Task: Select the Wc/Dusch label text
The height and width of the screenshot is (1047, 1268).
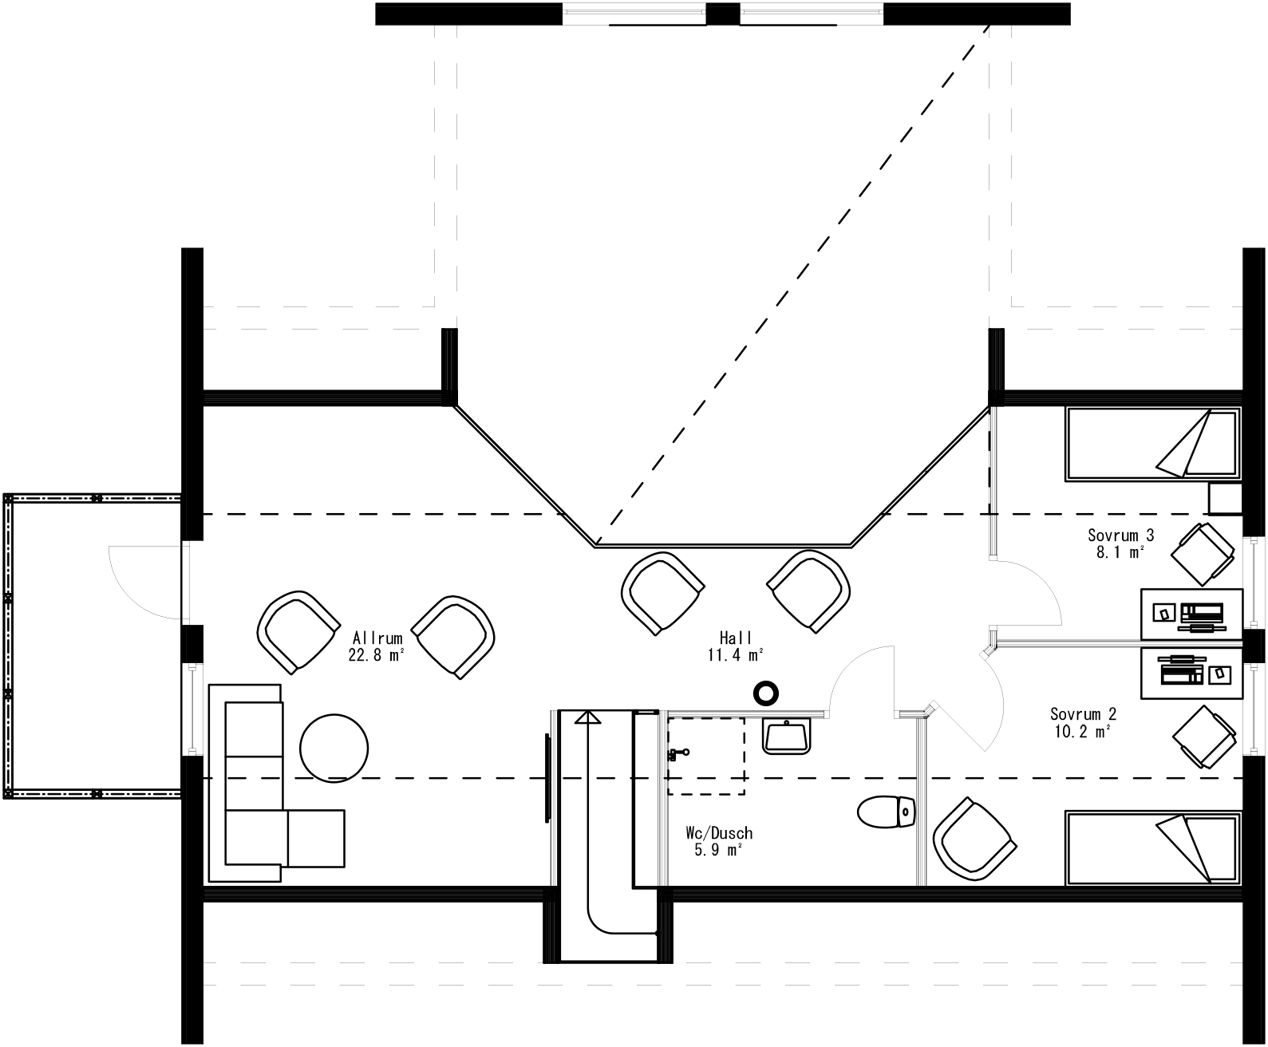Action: (718, 841)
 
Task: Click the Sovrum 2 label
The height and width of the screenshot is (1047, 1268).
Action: (1082, 721)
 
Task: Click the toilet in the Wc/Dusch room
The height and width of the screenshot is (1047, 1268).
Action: (887, 812)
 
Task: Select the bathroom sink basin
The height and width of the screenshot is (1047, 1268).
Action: (787, 735)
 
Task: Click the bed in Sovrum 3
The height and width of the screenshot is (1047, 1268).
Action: (1152, 444)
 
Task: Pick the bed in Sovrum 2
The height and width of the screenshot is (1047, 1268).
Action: (1152, 848)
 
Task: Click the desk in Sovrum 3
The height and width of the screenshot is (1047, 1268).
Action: (1191, 614)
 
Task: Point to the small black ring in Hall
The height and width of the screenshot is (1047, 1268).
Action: (766, 693)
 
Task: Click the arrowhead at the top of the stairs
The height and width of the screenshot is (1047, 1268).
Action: (588, 717)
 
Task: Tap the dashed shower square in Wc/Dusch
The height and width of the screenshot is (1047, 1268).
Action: (705, 755)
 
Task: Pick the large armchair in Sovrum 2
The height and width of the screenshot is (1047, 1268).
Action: (974, 840)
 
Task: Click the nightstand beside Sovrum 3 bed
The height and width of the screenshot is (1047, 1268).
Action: (1224, 499)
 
